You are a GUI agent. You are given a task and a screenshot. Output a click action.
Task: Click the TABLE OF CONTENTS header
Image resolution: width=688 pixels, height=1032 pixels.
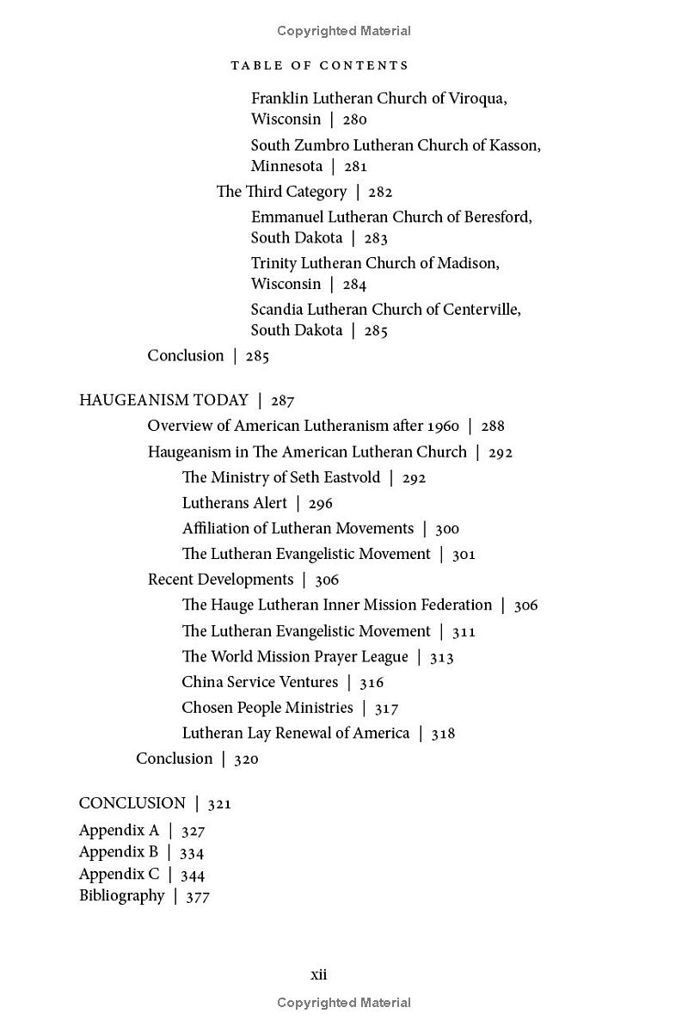tap(320, 65)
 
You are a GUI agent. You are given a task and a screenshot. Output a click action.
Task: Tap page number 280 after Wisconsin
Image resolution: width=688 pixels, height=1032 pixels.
tap(354, 120)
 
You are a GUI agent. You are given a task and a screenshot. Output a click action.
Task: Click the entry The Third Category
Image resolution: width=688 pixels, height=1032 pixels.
tap(281, 192)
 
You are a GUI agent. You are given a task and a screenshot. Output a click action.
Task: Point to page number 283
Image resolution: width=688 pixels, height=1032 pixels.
tap(376, 239)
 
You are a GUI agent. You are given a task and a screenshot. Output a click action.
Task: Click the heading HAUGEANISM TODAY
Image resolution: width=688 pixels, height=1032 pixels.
tap(163, 400)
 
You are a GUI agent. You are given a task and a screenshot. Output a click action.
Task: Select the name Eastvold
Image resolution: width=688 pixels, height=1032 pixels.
tap(349, 477)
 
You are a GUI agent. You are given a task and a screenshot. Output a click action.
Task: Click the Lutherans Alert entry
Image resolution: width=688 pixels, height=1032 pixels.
tap(235, 503)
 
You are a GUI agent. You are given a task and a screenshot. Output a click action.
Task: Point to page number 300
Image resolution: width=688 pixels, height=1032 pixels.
tap(447, 530)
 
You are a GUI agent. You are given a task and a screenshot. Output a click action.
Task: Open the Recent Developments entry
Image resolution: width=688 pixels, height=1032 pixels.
tap(220, 580)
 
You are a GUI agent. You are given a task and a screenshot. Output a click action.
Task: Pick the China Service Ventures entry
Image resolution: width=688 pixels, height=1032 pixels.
tap(260, 682)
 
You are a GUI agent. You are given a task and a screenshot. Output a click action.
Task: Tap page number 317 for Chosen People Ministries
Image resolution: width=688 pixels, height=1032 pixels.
tap(387, 709)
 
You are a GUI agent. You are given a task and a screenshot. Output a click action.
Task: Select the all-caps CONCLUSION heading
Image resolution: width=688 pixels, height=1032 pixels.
tap(132, 803)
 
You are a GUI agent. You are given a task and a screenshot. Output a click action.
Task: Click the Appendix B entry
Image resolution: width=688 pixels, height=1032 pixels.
tap(119, 852)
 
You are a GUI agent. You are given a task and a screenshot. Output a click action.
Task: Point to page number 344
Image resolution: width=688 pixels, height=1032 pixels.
tap(193, 875)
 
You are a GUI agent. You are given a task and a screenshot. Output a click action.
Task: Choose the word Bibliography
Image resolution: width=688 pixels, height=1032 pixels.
tap(121, 896)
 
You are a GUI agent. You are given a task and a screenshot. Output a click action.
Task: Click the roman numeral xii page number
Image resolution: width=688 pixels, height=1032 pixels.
tap(318, 975)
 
